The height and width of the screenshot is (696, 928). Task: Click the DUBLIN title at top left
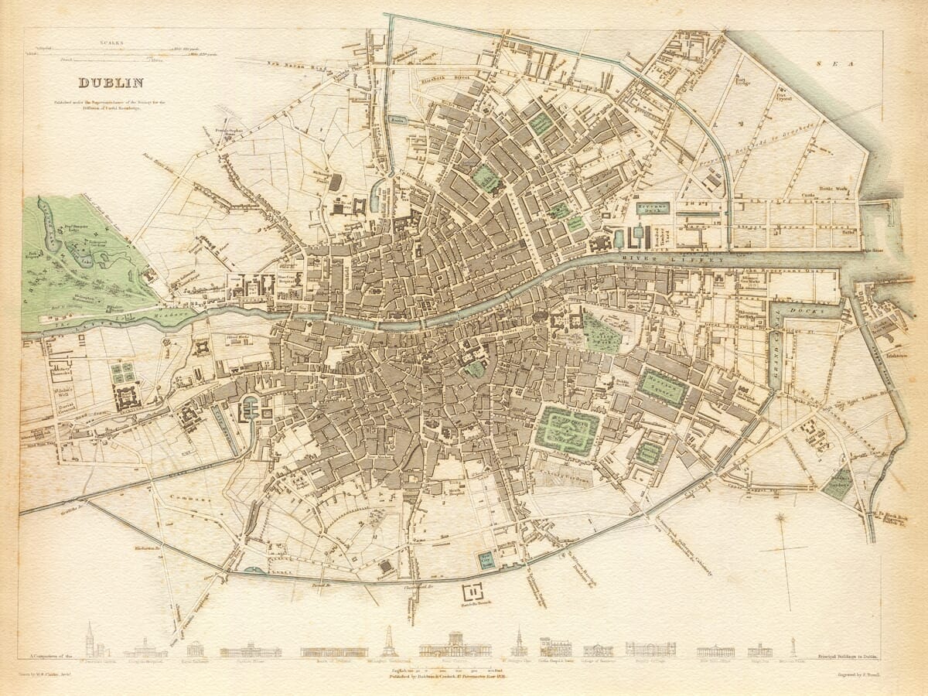click(x=111, y=83)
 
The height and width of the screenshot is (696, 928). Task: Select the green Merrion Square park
click(x=662, y=387)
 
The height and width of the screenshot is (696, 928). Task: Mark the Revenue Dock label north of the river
click(x=652, y=208)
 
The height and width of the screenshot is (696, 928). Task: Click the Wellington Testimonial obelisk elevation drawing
click(x=390, y=642)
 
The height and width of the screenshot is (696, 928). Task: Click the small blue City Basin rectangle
click(x=486, y=560)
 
